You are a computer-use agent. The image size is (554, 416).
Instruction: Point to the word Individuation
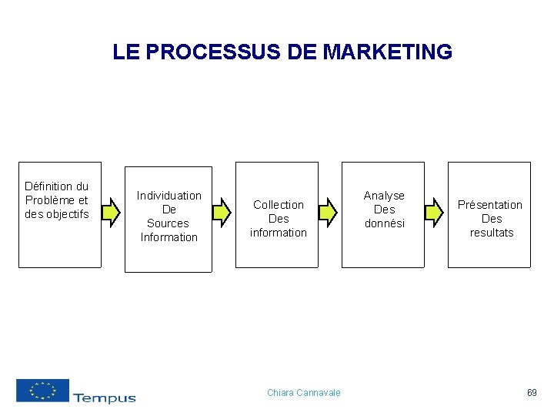point(169,196)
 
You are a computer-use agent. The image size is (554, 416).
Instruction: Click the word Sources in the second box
point(168,223)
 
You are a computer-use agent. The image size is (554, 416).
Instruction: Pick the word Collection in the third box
point(279,205)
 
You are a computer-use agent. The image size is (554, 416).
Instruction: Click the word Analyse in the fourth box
point(384,196)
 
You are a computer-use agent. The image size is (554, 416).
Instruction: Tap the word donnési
point(384,223)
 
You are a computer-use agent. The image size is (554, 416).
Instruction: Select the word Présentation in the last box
point(490,205)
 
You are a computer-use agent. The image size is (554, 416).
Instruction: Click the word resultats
point(492,233)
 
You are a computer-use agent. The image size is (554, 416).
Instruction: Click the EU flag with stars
point(42,391)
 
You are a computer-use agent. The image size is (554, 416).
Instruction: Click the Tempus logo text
point(105,398)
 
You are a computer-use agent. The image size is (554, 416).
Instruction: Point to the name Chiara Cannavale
point(303,393)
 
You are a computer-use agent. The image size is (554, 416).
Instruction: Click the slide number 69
point(532,393)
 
